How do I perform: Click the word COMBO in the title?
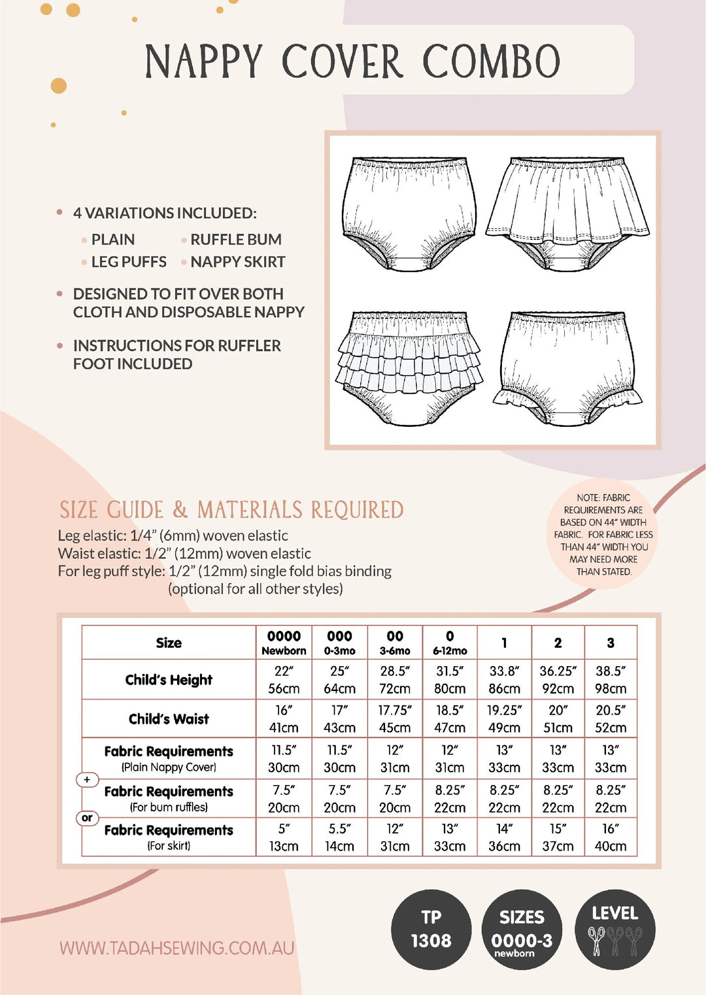[x=492, y=61]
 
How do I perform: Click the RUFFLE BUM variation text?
[x=236, y=239]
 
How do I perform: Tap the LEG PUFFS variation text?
[x=129, y=261]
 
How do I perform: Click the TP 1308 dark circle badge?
[x=431, y=929]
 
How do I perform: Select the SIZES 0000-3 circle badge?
[x=522, y=929]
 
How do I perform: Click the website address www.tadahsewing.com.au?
[x=176, y=948]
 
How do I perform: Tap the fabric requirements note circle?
[x=603, y=534]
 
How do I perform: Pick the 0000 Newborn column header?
[x=284, y=642]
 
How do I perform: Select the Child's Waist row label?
[x=169, y=719]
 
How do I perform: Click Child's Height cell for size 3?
[x=610, y=679]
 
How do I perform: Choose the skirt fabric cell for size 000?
[x=339, y=837]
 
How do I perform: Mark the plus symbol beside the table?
[x=87, y=779]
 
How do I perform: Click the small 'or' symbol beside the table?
[x=87, y=818]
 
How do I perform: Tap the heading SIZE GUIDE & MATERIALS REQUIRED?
[x=231, y=510]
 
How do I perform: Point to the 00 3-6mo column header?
[x=395, y=642]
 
